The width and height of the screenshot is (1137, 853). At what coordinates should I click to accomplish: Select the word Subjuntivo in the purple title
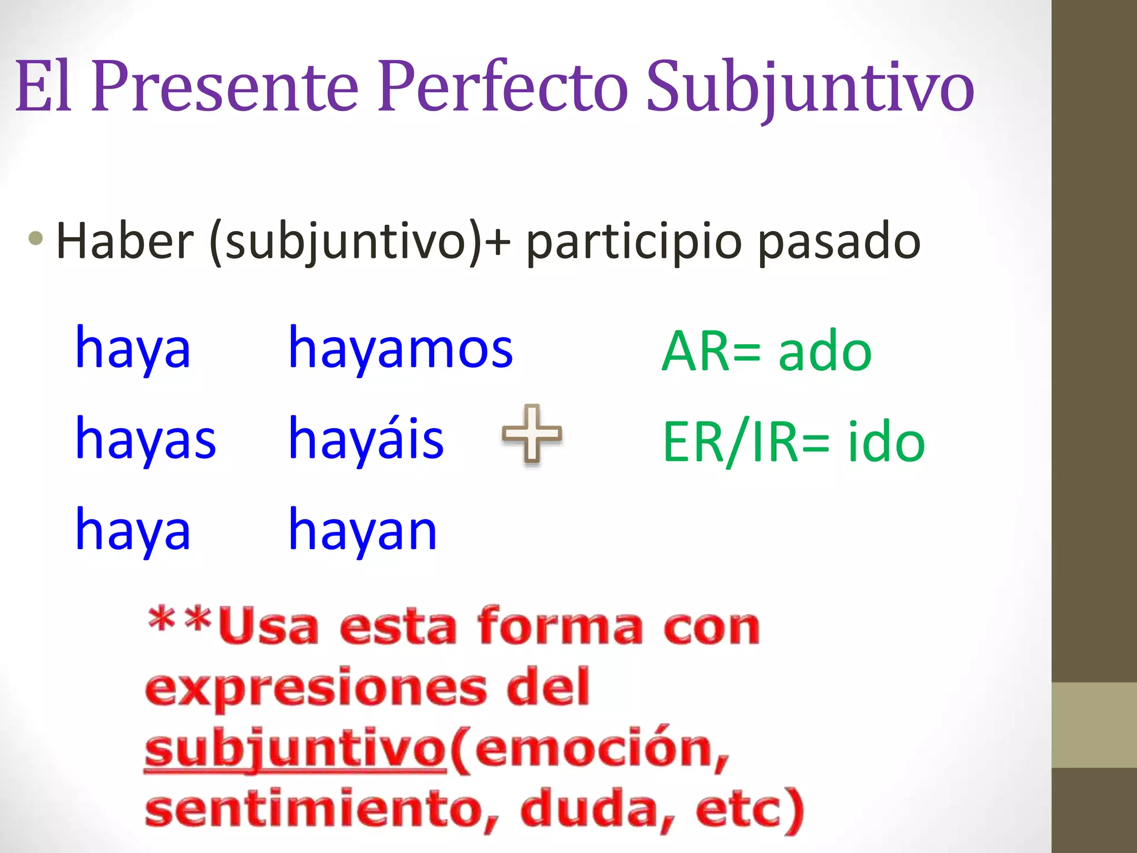[x=810, y=89]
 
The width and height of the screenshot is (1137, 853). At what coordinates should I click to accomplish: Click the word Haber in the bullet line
[x=125, y=241]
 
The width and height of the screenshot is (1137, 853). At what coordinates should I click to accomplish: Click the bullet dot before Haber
[x=36, y=239]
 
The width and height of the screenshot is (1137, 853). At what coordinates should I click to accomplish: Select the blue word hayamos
[x=401, y=349]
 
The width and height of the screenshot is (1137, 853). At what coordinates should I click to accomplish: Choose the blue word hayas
[x=145, y=439]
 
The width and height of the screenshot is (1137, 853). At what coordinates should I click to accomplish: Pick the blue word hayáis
[x=366, y=439]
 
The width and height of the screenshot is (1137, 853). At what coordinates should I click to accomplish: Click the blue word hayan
[x=363, y=530]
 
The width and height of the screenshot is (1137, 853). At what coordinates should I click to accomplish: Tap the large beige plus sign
[x=532, y=434]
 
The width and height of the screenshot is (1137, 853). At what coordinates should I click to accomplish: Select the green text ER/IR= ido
[x=794, y=442]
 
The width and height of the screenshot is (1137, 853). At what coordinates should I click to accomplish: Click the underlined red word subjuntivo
[x=295, y=749]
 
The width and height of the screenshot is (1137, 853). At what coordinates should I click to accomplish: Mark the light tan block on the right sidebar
[x=1094, y=725]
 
